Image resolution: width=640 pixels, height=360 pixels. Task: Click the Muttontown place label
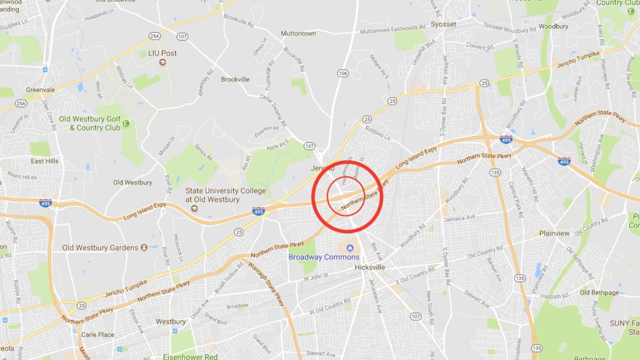pos(298,33)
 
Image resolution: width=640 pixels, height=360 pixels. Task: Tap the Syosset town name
pos(443,24)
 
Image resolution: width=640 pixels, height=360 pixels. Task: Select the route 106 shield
pos(342,73)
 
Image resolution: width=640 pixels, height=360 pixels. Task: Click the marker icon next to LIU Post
pos(162,62)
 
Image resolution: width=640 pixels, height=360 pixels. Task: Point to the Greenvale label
pos(40,90)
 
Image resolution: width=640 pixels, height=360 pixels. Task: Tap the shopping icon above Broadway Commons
pos(349,247)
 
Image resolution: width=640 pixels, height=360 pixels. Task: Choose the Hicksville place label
pos(370,267)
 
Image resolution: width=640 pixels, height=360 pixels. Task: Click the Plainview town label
pos(554,233)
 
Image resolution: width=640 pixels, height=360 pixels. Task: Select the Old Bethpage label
pos(599,292)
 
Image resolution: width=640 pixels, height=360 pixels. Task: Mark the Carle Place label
pos(97,334)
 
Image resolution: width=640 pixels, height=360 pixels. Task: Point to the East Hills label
pos(44,161)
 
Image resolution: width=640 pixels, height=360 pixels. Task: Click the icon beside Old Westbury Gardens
pos(144,247)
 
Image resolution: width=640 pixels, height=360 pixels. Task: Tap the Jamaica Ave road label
pos(459,218)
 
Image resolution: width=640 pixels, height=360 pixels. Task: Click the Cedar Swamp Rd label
pos(273,110)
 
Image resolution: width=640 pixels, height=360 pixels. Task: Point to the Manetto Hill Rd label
pos(529,184)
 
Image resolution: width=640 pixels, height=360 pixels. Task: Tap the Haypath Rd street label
pos(554,296)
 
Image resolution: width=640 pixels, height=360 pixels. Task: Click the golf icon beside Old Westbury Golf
pos(126,123)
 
